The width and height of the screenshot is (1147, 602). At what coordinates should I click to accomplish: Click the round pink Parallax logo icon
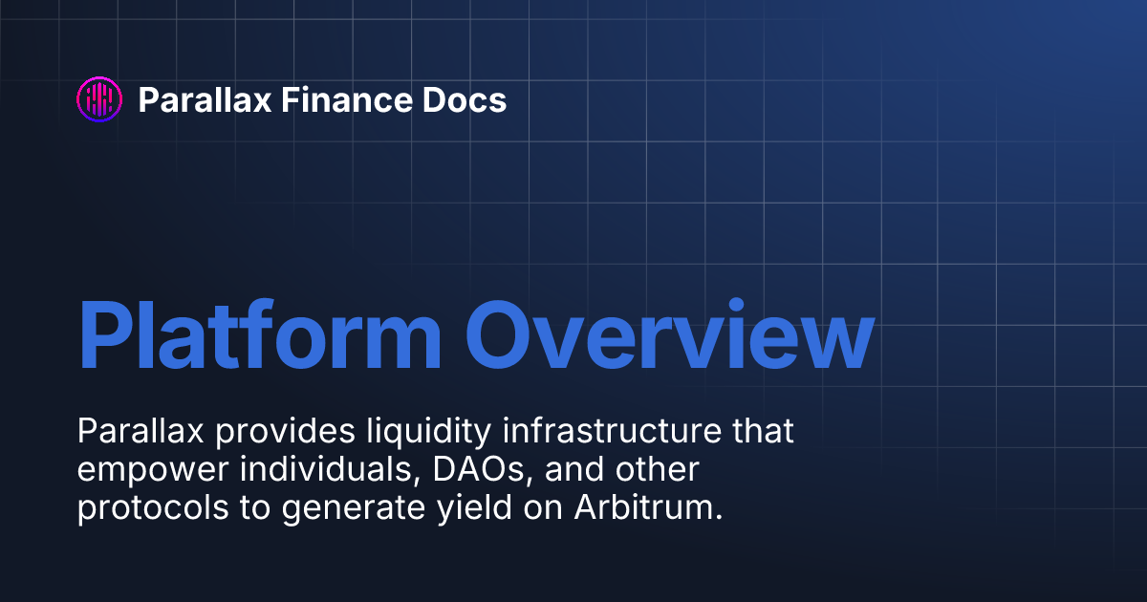[99, 99]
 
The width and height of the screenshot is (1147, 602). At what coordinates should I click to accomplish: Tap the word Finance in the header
[346, 99]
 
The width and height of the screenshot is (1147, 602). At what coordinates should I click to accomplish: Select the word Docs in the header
[465, 99]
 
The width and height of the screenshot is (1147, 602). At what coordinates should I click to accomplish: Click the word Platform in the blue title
[260, 334]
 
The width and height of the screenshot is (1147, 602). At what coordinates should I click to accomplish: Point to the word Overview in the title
[670, 334]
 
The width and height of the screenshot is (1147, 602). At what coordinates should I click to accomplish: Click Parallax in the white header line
[205, 99]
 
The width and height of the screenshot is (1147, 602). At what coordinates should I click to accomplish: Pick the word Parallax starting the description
[141, 431]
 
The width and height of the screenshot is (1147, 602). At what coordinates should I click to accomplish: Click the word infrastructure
[612, 431]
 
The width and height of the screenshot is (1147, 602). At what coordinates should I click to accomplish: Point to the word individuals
[331, 469]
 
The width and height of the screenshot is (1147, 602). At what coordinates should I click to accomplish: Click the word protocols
[153, 508]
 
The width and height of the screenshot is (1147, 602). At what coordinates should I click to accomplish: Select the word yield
[475, 508]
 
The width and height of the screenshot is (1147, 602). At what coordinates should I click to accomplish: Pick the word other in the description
[658, 469]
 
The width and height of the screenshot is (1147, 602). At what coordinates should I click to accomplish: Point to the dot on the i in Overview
[736, 305]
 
